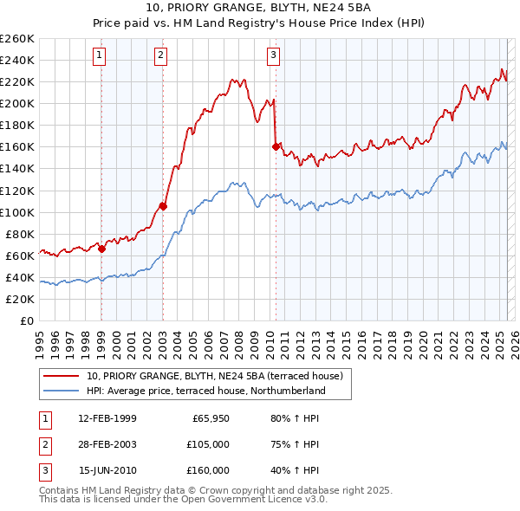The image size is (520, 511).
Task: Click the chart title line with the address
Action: click(x=260, y=9)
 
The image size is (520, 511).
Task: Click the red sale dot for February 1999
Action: click(x=101, y=249)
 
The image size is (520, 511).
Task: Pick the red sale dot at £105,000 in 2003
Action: click(x=163, y=206)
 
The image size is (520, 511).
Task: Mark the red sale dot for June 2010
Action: click(x=276, y=146)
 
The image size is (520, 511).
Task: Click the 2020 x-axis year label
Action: click(x=422, y=340)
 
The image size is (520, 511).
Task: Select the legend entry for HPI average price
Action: click(x=205, y=391)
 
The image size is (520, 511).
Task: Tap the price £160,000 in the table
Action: click(x=208, y=470)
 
